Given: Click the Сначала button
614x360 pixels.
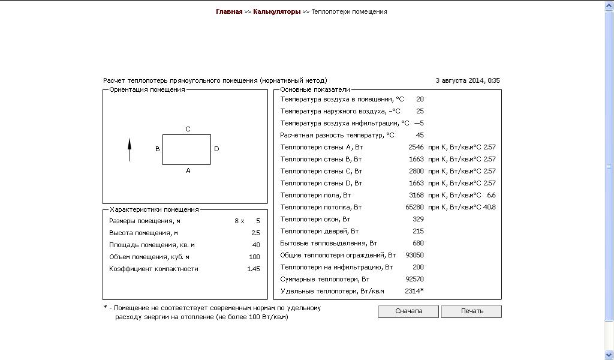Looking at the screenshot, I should [x=409, y=311].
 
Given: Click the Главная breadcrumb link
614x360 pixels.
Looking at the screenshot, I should [x=229, y=11].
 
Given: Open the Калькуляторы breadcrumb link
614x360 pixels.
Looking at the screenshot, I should [x=276, y=11].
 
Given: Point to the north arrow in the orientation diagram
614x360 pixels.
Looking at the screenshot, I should [x=130, y=149].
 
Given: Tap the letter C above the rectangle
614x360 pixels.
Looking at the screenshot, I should [x=188, y=129].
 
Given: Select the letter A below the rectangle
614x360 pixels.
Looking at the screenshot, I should [x=188, y=170].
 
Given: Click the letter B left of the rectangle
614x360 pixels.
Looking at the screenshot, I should [x=157, y=149].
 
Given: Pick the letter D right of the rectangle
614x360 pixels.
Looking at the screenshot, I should [x=216, y=149].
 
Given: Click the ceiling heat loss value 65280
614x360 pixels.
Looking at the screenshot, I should [x=414, y=207].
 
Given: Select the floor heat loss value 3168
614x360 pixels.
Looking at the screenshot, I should [x=416, y=195].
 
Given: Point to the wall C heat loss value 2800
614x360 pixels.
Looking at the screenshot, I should [x=416, y=171].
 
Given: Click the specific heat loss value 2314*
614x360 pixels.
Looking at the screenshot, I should [x=414, y=291].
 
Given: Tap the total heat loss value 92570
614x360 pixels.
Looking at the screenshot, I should [x=414, y=279].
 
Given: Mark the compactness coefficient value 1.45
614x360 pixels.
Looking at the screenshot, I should [x=254, y=269].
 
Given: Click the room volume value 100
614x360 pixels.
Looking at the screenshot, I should [x=254, y=257].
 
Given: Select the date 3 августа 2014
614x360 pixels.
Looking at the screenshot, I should [x=460, y=80].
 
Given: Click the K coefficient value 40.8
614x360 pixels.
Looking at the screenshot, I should [x=489, y=207].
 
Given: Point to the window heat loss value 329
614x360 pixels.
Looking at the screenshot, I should [x=418, y=219].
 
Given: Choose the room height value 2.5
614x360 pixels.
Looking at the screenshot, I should [x=255, y=233].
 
